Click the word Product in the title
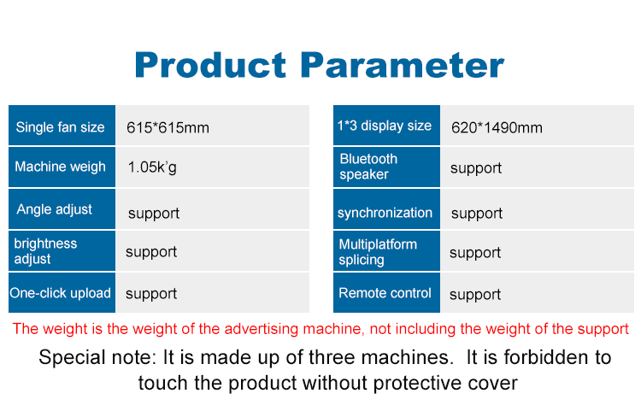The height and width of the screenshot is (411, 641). point(211,65)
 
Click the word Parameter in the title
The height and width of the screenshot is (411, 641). point(402,65)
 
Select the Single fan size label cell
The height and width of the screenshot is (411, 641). point(61,127)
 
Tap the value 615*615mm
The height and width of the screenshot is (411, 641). point(168,128)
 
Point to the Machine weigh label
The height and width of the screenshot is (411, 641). point(61,167)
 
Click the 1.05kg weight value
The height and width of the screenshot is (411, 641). point(152,167)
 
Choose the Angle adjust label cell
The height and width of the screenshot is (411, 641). point(55,209)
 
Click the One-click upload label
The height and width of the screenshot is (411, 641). point(61,293)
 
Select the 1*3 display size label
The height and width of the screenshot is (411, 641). point(385,126)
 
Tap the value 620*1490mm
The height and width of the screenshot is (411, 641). point(497,128)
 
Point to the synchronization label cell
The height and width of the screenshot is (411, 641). point(385,213)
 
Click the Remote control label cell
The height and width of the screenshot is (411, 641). point(385,293)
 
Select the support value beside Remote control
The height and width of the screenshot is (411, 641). point(475,295)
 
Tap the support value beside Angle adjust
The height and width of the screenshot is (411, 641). point(154,213)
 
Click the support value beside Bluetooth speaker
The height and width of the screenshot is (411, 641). point(476,168)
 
